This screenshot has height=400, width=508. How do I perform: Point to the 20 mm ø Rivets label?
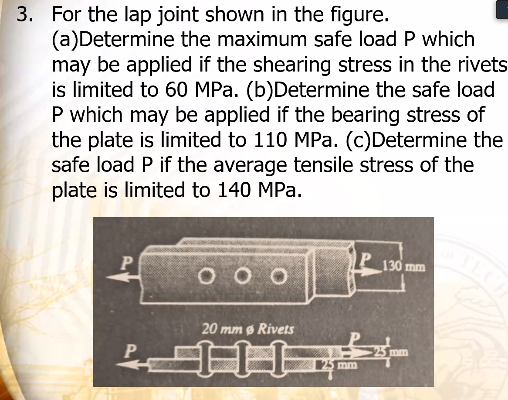247,329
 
